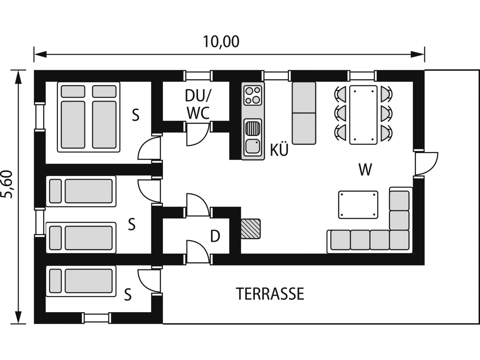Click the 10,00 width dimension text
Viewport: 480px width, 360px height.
(x=221, y=42)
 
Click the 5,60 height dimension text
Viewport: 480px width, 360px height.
(x=7, y=184)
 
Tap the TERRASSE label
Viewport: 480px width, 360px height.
(x=270, y=294)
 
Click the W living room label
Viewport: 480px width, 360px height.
(x=365, y=169)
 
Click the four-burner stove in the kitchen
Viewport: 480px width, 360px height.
(x=253, y=96)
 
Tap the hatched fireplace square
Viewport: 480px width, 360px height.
(x=250, y=229)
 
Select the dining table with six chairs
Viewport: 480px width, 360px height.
(x=363, y=115)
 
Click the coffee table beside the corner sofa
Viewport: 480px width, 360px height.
(x=358, y=205)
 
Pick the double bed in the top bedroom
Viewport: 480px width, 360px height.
(x=88, y=117)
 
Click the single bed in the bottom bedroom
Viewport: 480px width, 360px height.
(x=81, y=281)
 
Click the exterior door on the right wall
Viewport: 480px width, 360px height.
(x=427, y=163)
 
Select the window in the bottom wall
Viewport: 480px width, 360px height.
(x=97, y=318)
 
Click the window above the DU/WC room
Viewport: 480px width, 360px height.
(x=198, y=76)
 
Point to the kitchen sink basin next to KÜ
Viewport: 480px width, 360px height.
(x=253, y=146)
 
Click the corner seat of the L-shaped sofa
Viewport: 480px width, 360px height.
(x=399, y=240)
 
